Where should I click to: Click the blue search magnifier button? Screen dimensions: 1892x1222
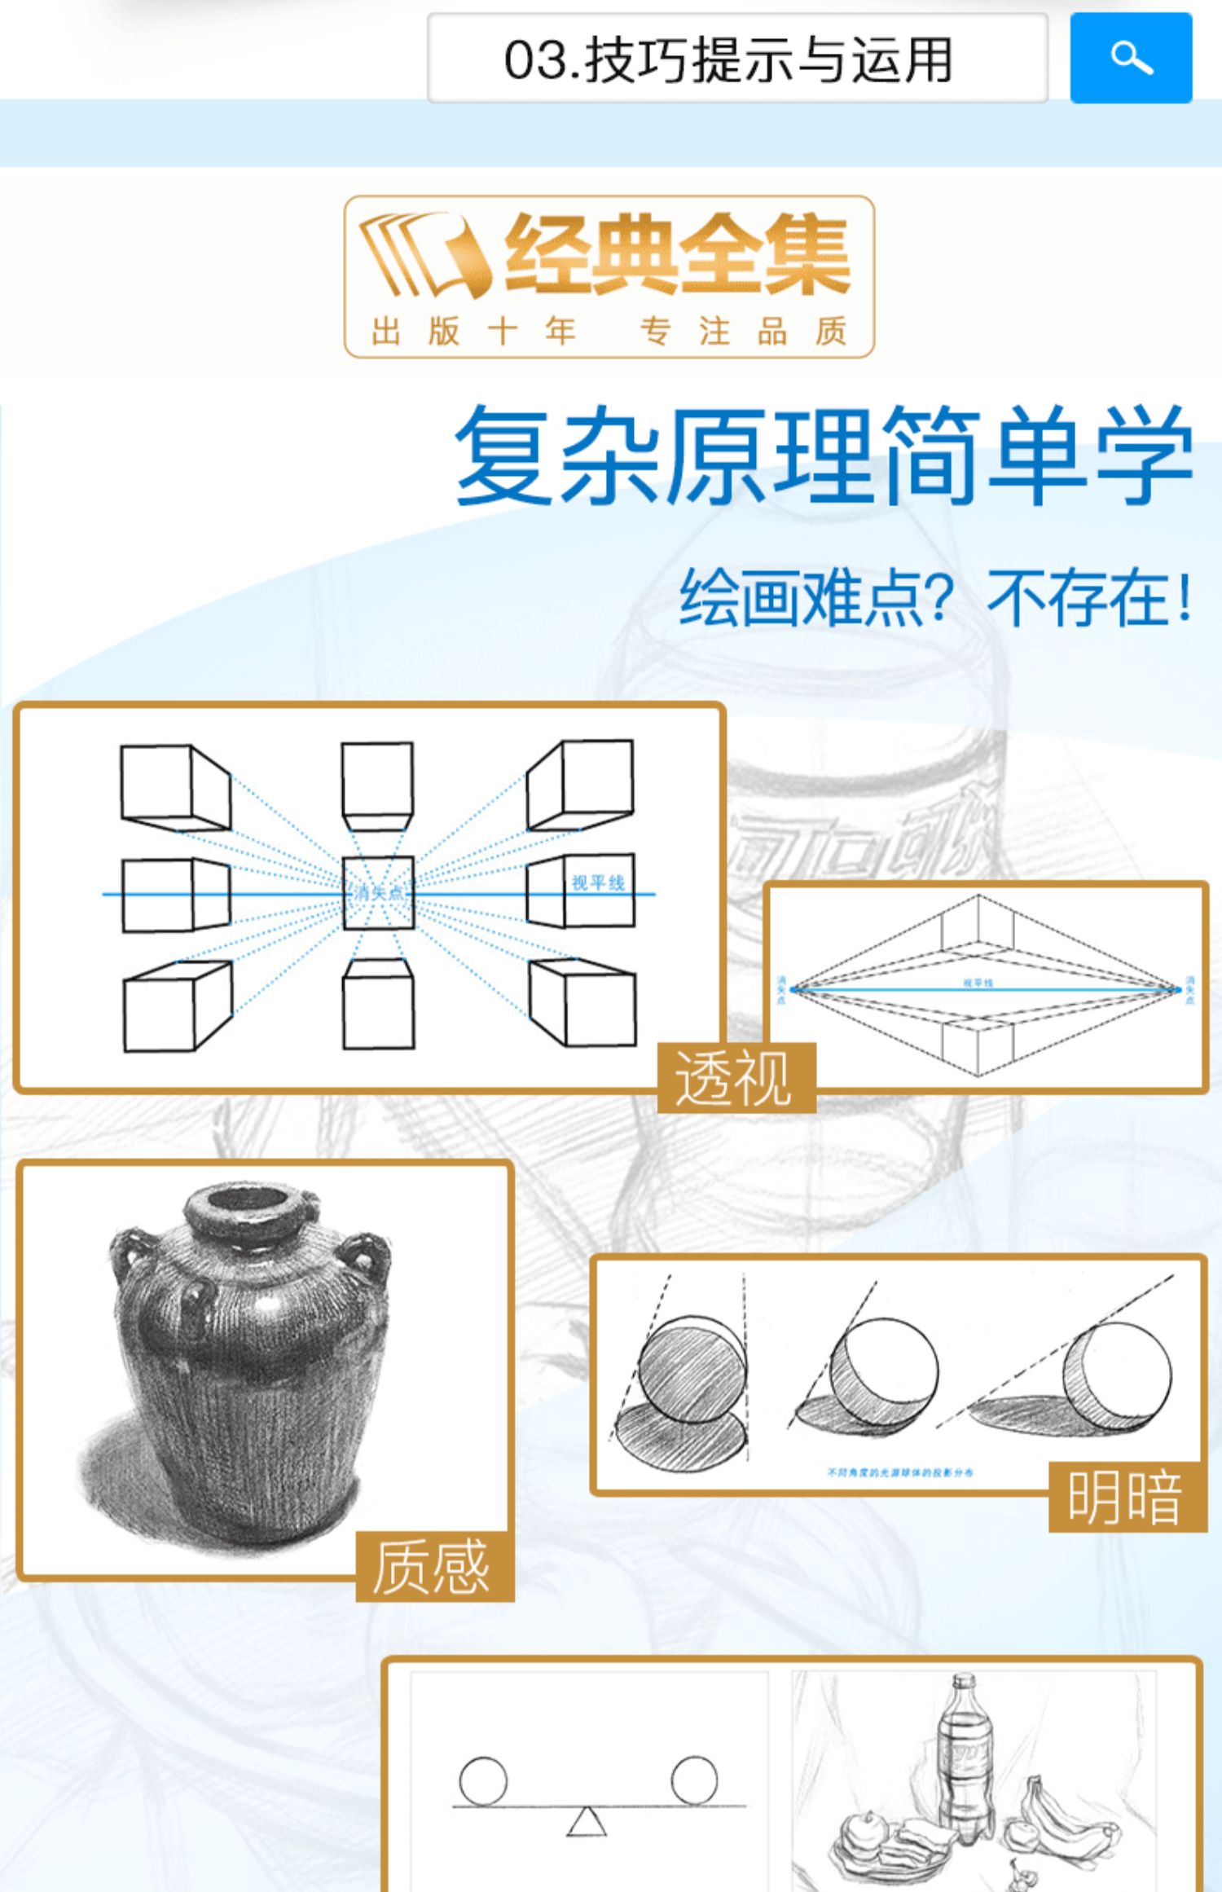click(x=1131, y=58)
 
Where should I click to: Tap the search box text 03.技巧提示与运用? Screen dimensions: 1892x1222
click(x=727, y=60)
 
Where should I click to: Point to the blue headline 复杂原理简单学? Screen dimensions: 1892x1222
click(x=823, y=456)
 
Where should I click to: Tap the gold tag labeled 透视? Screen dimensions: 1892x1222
click(x=735, y=1078)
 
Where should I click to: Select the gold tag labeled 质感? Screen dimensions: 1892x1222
click(x=433, y=1566)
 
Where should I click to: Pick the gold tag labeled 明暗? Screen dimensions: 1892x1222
click(x=1126, y=1498)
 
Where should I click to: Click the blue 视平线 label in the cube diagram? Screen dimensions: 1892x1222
click(x=598, y=882)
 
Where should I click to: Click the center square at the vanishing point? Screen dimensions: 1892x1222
click(x=378, y=893)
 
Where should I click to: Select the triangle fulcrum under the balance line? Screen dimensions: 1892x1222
click(x=587, y=1823)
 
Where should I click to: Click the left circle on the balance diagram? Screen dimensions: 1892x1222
click(x=483, y=1780)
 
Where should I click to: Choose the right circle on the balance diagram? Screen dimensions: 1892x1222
click(x=694, y=1780)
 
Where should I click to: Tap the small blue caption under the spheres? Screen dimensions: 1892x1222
click(x=900, y=1472)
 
